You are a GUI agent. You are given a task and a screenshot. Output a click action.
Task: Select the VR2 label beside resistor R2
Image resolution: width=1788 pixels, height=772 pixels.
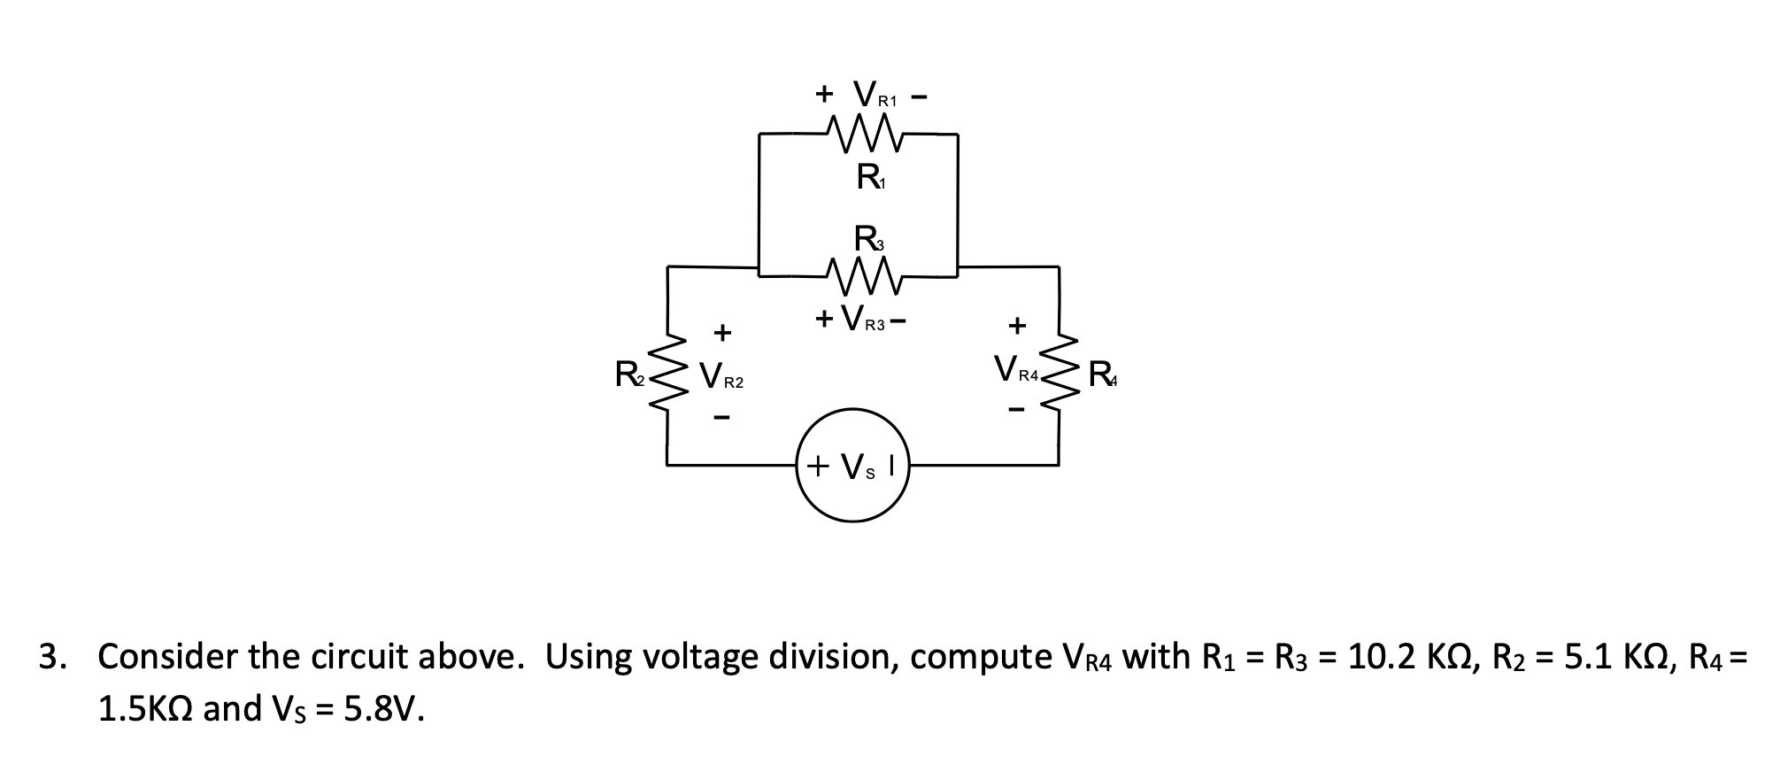coord(721,378)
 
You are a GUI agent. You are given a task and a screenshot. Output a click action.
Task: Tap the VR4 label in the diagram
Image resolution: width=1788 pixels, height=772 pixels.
coord(1014,369)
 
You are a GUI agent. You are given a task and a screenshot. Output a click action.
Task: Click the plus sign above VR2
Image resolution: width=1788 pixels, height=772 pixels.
coord(722,333)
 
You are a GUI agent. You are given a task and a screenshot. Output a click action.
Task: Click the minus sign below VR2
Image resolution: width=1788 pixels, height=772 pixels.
coord(722,419)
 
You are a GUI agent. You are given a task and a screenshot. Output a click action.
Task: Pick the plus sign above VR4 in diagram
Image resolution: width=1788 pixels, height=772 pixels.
coord(1017,325)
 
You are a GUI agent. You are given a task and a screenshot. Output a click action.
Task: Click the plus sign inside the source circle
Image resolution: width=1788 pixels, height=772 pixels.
coord(818,465)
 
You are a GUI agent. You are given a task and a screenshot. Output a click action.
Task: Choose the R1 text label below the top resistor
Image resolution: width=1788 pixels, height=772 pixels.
coord(869,178)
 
